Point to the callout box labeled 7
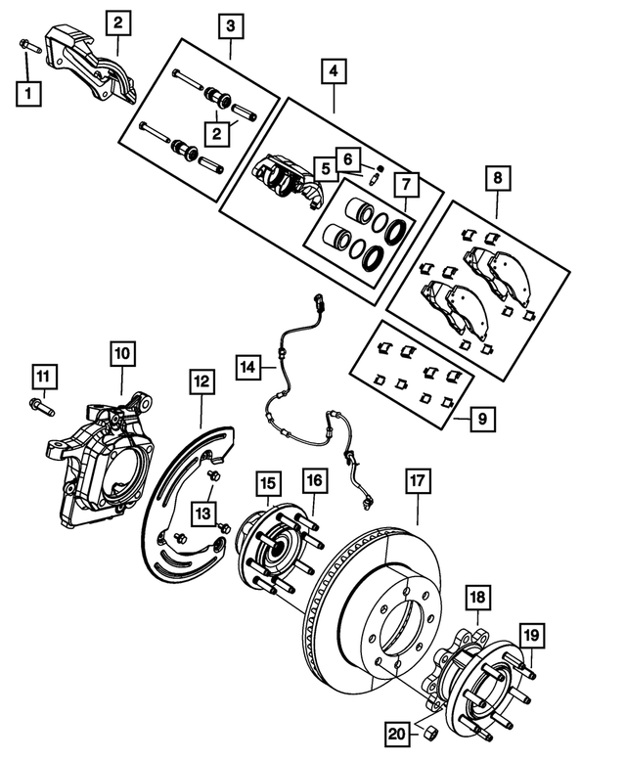tap(405, 183)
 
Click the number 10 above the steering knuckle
tap(124, 351)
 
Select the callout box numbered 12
tap(201, 380)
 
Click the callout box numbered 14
tap(248, 367)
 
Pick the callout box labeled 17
tap(418, 481)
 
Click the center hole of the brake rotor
tap(400, 622)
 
